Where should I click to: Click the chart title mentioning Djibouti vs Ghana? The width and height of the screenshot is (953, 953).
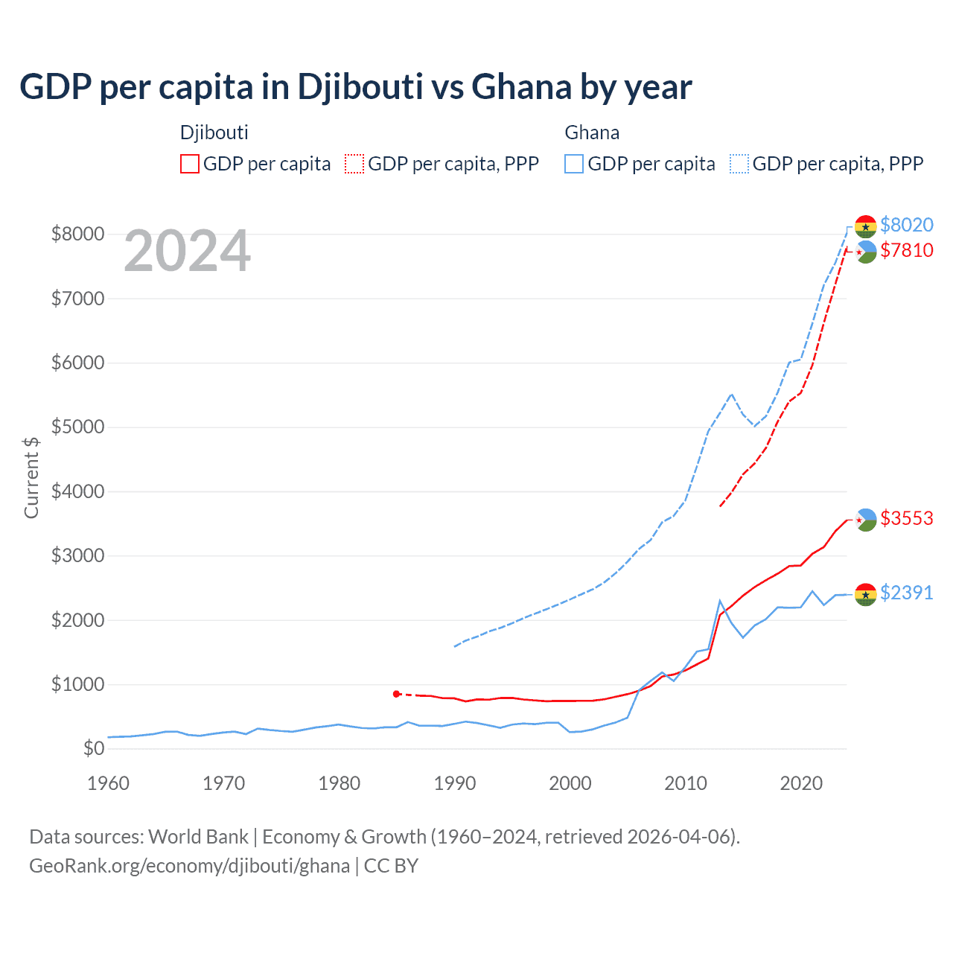(355, 86)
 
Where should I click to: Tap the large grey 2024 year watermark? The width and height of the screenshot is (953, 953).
(188, 251)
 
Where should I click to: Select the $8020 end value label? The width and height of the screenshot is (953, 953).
(906, 225)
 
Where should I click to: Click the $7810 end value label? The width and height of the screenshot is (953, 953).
(906, 250)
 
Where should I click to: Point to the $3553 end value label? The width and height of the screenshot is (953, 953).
(906, 518)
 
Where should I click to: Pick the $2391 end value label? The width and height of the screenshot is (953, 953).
(906, 593)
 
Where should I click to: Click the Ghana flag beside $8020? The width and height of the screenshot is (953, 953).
(865, 226)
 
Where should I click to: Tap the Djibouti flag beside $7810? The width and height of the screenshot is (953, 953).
(865, 252)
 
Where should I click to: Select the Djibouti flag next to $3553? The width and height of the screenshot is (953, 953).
(865, 520)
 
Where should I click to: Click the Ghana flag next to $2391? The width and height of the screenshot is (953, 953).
(865, 594)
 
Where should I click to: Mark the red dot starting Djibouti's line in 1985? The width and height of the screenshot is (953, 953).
(396, 694)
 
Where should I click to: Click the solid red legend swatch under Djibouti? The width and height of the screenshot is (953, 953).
(190, 164)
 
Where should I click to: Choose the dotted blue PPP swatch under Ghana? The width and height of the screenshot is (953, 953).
(739, 164)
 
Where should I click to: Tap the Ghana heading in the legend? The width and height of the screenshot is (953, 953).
(592, 133)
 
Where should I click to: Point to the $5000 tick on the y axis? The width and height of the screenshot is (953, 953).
(77, 427)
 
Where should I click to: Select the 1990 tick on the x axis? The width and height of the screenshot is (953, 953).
(455, 783)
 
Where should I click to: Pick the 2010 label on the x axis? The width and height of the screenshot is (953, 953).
(686, 783)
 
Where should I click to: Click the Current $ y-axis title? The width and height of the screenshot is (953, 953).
(31, 477)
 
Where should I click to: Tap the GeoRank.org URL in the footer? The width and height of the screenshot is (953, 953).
(189, 866)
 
